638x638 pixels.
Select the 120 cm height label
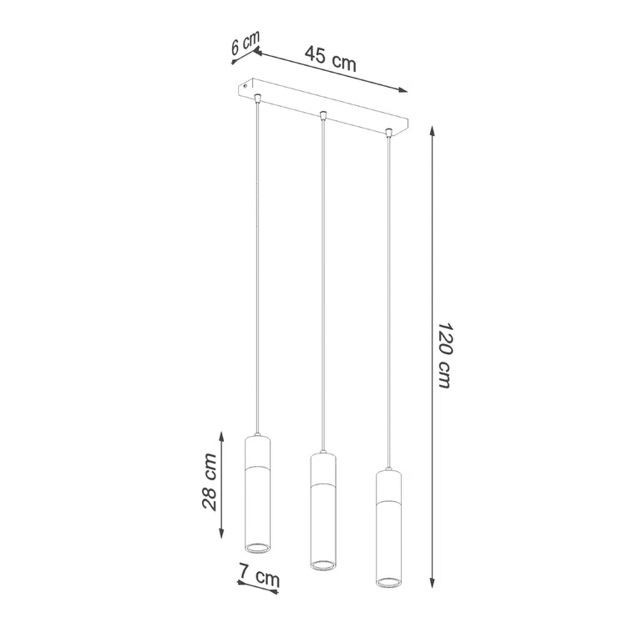pos(443,354)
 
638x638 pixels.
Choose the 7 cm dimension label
pos(259,576)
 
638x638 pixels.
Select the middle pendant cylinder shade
pos(322,512)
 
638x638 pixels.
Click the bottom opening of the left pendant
pos(257,547)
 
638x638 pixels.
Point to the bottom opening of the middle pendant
pos(322,565)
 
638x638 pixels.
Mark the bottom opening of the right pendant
pos(387,581)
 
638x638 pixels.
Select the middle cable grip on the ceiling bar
pos(323,115)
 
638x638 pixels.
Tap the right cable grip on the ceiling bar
pos(388,132)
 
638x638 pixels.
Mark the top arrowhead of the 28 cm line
pos(221,434)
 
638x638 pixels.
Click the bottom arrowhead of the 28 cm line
pos(221,535)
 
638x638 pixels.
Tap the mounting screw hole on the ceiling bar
pos(246,84)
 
